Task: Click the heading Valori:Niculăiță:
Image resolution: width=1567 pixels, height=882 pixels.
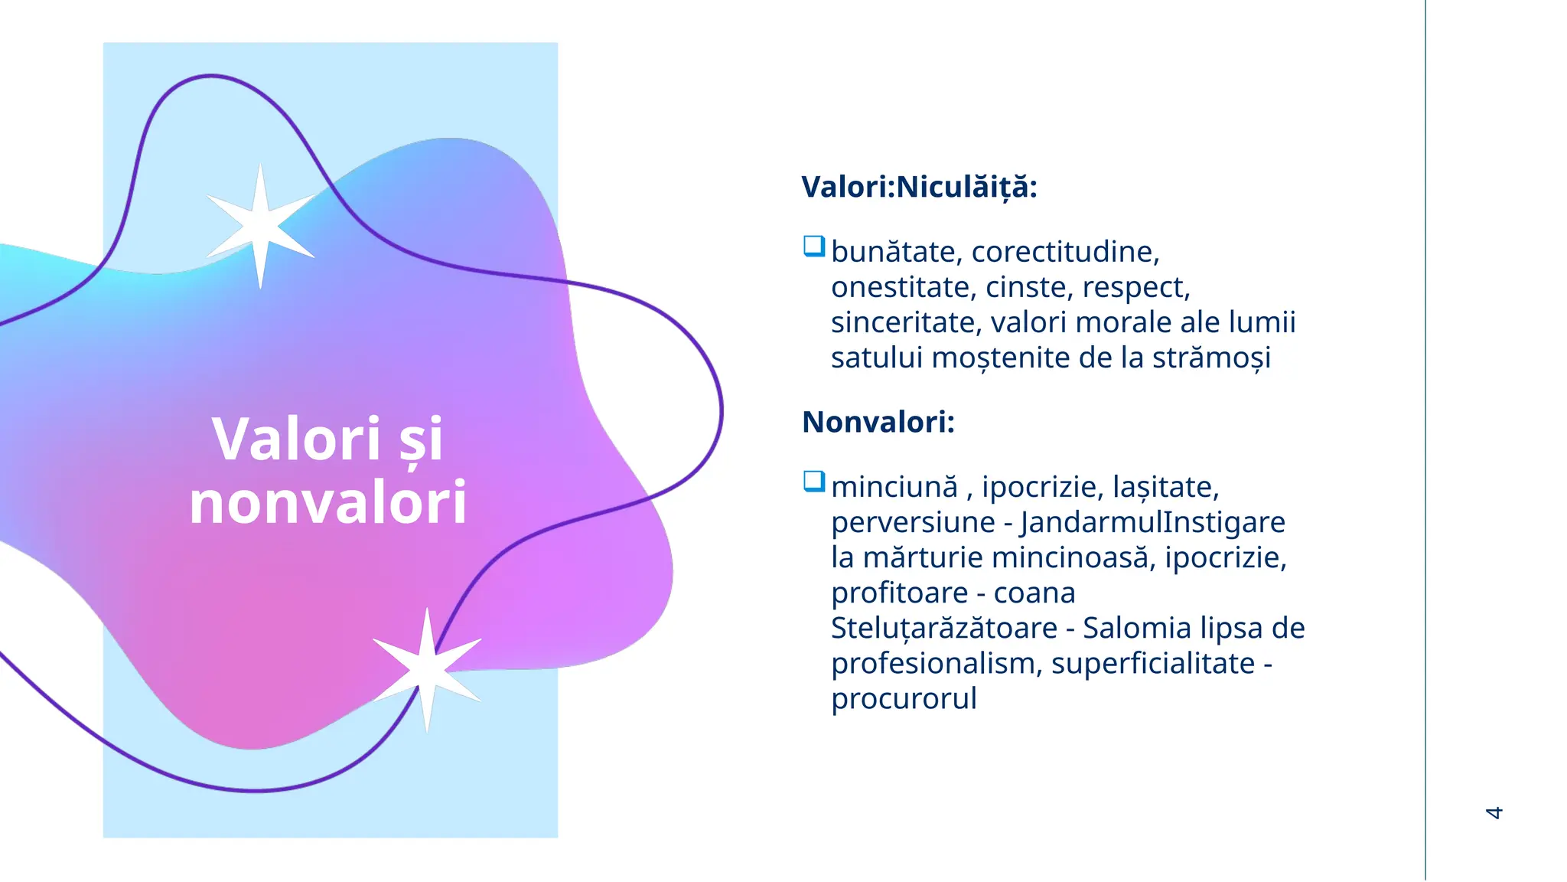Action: pos(919,187)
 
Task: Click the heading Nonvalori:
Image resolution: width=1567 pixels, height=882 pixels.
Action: pos(878,422)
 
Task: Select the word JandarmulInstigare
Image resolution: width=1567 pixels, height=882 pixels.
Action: pos(1152,522)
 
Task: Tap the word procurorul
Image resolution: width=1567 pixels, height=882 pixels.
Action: pos(904,699)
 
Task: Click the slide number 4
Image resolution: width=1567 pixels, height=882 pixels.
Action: pos(1494,812)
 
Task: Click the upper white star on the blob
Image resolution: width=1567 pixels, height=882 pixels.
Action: pos(260,226)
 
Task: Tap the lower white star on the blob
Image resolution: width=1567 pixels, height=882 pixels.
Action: pos(427,668)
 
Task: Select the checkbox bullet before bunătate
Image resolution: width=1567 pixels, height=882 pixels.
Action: pos(813,247)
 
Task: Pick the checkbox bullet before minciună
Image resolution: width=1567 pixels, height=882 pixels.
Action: pos(813,482)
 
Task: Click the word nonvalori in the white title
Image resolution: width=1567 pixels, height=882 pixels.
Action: pos(327,502)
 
